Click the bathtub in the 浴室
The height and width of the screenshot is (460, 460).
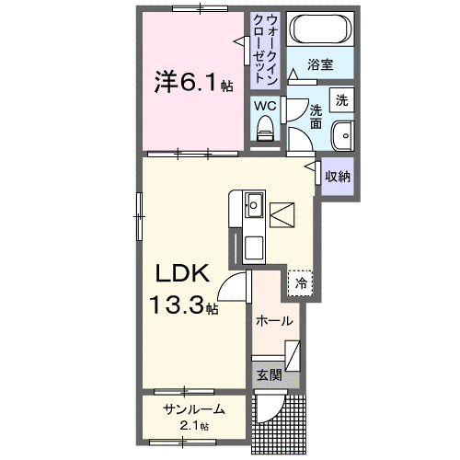pos(320,29)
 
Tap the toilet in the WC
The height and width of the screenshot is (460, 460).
pos(265,128)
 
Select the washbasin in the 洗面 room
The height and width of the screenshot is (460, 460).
pos(343,135)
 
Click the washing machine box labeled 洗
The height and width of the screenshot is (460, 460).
pos(341,100)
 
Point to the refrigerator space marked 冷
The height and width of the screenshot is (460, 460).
pos(300,282)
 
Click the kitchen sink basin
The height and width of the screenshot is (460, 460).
pos(254,205)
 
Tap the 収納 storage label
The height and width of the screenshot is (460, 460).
pos(338,177)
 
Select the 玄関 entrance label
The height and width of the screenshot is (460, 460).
pos(269,374)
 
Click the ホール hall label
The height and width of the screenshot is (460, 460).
pos(274,321)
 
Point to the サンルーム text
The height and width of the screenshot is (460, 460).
pos(194,409)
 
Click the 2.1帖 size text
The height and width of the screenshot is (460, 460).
pos(194,426)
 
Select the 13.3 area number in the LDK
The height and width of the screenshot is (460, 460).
pos(177,305)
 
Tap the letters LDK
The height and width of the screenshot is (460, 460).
pos(183,273)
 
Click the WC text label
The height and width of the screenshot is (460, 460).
pos(265,106)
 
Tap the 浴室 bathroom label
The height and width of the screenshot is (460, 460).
pos(320,64)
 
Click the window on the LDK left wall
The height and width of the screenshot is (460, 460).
pos(139,216)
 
